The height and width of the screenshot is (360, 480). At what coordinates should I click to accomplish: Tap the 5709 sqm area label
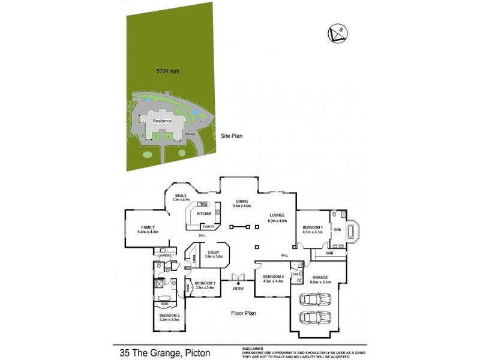click(169, 71)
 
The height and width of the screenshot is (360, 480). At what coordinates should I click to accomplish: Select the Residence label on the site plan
click(162, 121)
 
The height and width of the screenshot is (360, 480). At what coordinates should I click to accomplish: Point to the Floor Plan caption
click(244, 313)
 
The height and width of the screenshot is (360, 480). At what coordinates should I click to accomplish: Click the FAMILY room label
click(148, 227)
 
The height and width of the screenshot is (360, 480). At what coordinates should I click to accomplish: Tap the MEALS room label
click(181, 196)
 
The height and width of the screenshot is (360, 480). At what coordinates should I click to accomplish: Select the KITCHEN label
click(204, 214)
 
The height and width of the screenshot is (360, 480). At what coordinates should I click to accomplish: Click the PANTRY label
click(208, 227)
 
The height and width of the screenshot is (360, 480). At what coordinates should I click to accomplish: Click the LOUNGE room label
click(277, 215)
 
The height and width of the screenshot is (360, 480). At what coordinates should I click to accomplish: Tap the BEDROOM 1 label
click(313, 227)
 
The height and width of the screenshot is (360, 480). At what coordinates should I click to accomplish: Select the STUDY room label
click(214, 253)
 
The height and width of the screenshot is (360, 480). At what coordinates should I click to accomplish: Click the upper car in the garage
click(315, 298)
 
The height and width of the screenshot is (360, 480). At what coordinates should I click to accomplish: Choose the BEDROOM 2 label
click(169, 316)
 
